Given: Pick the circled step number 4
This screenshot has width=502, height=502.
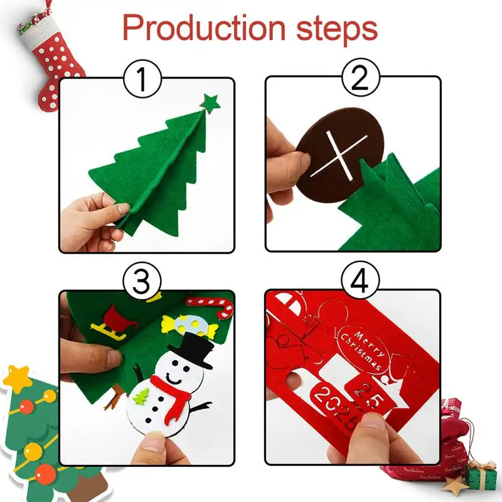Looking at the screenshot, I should (x=360, y=282).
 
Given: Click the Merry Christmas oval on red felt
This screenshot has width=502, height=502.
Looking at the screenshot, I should (x=362, y=349).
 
